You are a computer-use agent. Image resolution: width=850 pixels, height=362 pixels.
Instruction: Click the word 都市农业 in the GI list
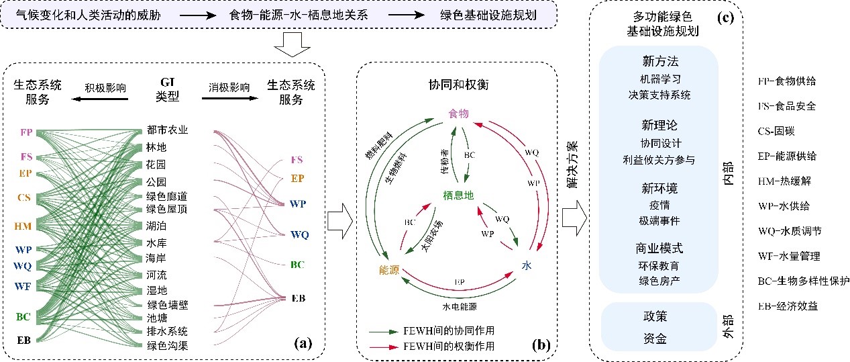pyautogui.click(x=168, y=130)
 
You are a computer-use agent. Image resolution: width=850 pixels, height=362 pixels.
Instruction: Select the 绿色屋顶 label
pyautogui.click(x=168, y=210)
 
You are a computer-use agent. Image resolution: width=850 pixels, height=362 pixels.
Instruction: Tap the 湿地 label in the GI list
pyautogui.click(x=157, y=289)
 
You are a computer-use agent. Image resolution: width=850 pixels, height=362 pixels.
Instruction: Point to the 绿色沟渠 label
pyautogui.click(x=168, y=346)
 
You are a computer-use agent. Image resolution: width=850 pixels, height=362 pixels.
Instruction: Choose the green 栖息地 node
pyautogui.click(x=458, y=195)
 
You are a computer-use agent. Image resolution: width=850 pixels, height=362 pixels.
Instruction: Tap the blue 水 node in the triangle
pyautogui.click(x=527, y=267)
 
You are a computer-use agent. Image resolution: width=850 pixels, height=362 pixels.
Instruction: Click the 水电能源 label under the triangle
pyautogui.click(x=460, y=306)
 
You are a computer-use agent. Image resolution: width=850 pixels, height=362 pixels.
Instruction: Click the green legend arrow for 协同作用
pyautogui.click(x=384, y=332)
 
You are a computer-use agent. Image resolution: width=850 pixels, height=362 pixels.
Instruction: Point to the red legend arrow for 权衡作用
pyautogui.click(x=384, y=346)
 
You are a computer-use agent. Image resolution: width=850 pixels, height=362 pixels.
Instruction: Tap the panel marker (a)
pyautogui.click(x=304, y=343)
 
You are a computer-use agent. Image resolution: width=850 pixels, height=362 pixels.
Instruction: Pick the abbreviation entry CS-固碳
pyautogui.click(x=782, y=131)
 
